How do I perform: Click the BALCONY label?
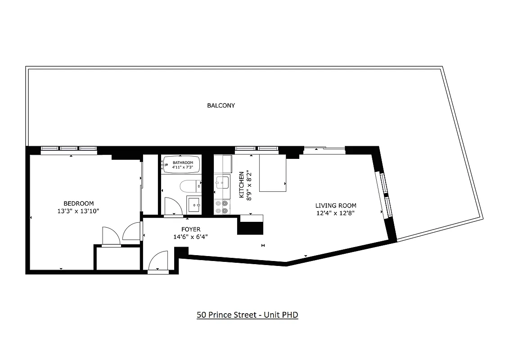(x=221, y=106)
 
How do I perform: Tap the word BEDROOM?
(x=78, y=203)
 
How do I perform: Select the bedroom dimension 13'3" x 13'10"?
(x=78, y=211)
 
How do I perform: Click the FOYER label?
(x=191, y=229)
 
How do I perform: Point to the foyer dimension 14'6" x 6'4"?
(x=191, y=237)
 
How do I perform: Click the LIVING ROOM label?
(x=335, y=206)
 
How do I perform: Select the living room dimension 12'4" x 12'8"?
(x=335, y=213)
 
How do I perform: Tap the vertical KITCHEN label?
(x=242, y=184)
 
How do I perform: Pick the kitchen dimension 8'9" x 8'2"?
(x=249, y=184)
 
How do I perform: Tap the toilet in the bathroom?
(x=189, y=185)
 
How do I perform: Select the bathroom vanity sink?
(x=194, y=205)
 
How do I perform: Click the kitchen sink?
(x=222, y=183)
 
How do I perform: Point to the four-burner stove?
(x=221, y=207)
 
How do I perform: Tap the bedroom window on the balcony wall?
(x=69, y=149)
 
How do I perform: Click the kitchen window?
(x=257, y=149)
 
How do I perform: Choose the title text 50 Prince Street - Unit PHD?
(x=247, y=315)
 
